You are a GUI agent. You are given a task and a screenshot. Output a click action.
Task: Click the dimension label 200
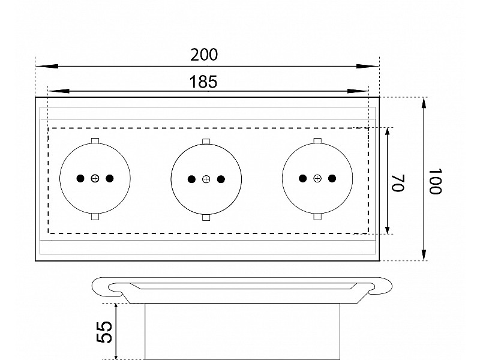click(x=204, y=55)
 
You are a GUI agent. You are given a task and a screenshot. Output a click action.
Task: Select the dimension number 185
click(x=203, y=82)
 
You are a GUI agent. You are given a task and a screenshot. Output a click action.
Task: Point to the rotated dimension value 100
click(x=435, y=181)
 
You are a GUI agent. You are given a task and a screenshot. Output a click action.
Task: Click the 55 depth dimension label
click(x=104, y=332)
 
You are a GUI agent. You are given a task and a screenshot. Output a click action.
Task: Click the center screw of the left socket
click(x=95, y=178)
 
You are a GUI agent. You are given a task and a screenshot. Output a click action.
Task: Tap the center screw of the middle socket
click(x=206, y=179)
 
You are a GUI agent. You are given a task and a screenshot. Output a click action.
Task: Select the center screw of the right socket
click(x=317, y=178)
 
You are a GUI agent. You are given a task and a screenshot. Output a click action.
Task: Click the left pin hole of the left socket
click(x=80, y=178)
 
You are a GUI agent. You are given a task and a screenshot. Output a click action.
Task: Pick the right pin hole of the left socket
click(x=110, y=178)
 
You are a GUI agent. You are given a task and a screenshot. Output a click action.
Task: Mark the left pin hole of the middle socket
click(x=191, y=179)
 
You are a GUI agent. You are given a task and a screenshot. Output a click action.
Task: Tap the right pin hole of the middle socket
click(x=221, y=179)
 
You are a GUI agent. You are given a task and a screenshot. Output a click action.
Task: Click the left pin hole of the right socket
click(x=303, y=178)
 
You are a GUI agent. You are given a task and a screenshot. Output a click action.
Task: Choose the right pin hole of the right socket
click(x=332, y=178)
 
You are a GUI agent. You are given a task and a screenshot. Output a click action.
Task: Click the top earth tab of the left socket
click(x=95, y=141)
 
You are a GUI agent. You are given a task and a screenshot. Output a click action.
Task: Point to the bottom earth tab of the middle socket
click(x=206, y=217)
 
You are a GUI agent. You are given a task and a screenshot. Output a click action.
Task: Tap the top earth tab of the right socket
click(x=317, y=141)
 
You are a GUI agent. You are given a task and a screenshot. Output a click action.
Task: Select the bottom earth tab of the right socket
click(x=317, y=217)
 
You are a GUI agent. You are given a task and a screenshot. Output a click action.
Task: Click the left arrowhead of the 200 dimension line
click(x=47, y=66)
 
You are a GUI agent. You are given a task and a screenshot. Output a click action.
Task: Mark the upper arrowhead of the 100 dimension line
click(x=424, y=103)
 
